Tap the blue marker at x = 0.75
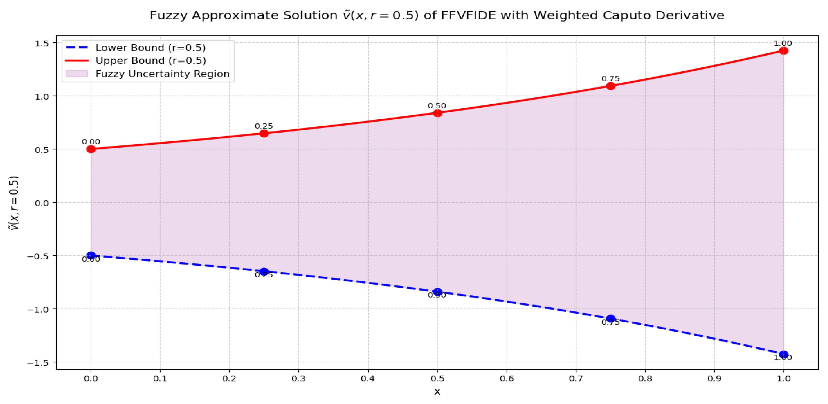point(610,319)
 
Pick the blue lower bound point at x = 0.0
point(91,256)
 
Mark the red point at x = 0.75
point(610,86)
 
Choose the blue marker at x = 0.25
point(264,271)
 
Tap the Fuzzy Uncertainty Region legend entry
point(162,74)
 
